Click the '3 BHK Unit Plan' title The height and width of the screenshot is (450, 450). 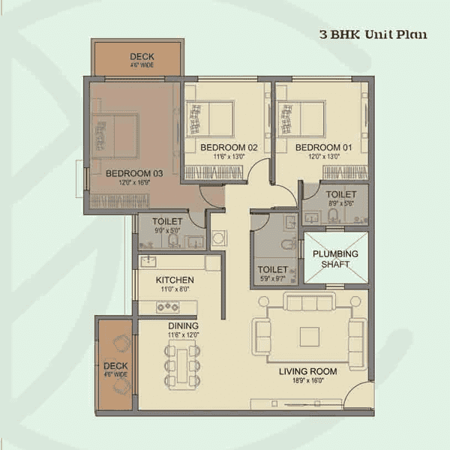click(373, 34)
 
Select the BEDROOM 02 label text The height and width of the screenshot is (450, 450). click(229, 148)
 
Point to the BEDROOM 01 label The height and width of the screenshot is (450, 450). click(319, 148)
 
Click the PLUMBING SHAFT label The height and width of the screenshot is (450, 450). click(335, 259)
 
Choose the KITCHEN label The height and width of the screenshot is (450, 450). click(175, 280)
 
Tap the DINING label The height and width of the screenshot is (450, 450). click(184, 326)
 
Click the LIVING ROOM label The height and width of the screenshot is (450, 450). click(307, 371)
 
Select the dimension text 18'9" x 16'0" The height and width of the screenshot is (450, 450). click(307, 381)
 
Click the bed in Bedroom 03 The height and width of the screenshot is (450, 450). click(115, 135)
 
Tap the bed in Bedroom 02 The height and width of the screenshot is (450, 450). click(209, 118)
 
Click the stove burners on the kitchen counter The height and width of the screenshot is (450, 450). click(167, 307)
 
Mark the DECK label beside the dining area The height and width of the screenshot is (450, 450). click(115, 366)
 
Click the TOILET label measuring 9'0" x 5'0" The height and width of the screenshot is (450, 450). click(167, 222)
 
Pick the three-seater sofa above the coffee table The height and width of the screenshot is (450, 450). click(310, 303)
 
